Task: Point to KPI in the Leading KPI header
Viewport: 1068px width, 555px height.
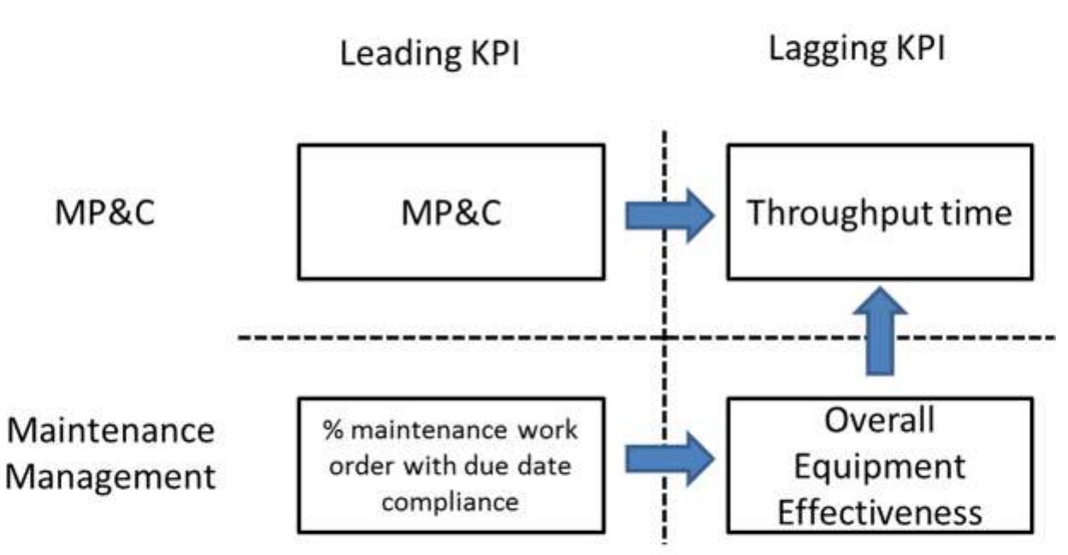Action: coord(488,54)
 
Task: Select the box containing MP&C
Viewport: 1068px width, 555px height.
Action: coord(451,212)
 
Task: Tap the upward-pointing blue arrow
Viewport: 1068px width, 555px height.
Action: coord(880,329)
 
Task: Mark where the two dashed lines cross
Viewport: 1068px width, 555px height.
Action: coord(664,339)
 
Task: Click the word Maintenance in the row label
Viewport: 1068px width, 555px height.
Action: coord(110,430)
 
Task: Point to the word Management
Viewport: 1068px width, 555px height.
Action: coord(110,476)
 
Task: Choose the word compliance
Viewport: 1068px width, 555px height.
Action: coord(450,502)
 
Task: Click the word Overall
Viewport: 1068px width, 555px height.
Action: coord(880,421)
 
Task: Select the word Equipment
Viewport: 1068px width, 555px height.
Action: coord(880,467)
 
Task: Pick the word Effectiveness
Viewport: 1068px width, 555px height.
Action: coord(880,512)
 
